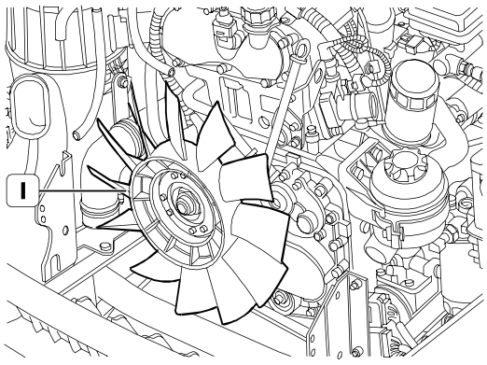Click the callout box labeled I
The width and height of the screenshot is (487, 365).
coord(22,190)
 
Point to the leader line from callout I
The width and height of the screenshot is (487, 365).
coord(82,190)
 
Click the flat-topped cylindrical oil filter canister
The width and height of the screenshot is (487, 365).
coord(413,93)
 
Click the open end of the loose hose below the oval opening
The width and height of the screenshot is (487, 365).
coord(77,135)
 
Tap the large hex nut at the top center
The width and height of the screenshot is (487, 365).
coord(258,14)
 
